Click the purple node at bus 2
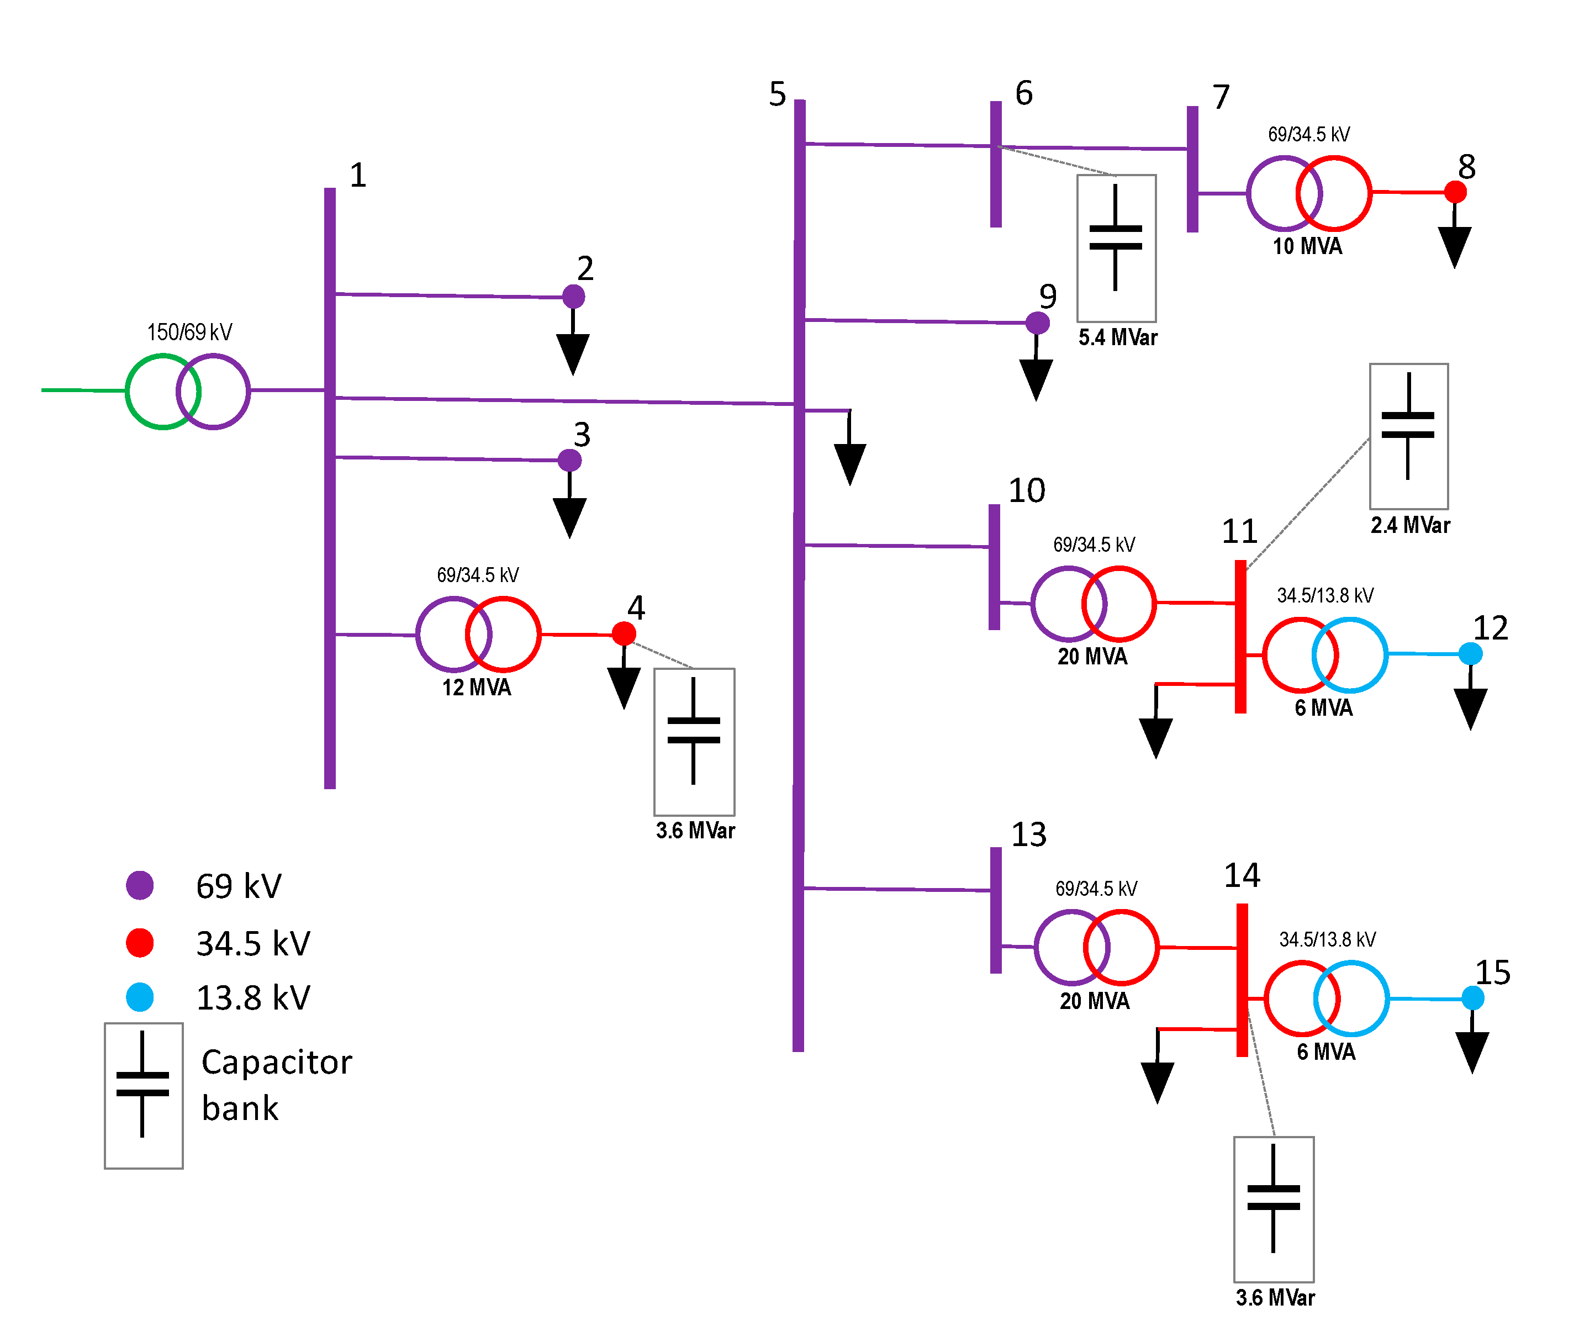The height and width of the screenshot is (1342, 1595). coord(573,296)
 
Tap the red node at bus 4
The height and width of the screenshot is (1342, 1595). coord(624,633)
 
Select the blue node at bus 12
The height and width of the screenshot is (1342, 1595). coord(1470,653)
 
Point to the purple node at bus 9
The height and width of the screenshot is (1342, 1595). coord(1038,323)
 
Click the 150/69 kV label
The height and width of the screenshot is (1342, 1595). coord(189,332)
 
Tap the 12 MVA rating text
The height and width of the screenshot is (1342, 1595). coord(477,688)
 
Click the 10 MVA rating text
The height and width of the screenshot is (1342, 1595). coord(1307,246)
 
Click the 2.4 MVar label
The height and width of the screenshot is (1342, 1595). coord(1410,525)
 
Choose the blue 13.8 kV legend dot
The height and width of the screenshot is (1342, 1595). coord(140,997)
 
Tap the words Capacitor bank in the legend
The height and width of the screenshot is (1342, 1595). coord(276,1084)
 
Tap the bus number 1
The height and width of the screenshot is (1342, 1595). coord(357,175)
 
